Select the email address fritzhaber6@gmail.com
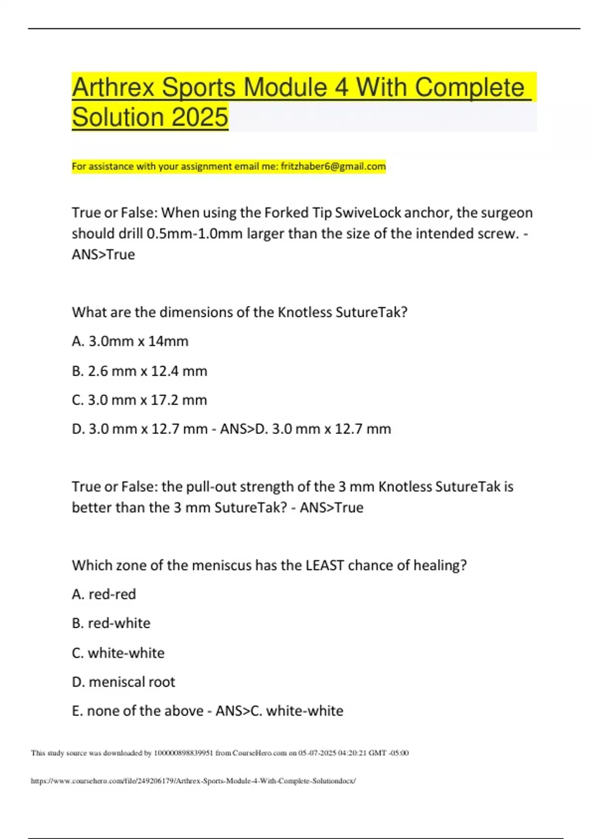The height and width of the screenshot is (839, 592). (x=333, y=166)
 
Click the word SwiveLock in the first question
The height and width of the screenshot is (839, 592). (x=368, y=213)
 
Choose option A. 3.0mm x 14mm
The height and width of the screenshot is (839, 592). (x=130, y=341)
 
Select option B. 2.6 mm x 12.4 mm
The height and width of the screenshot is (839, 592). (x=139, y=371)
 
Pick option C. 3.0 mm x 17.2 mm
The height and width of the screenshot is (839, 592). (x=139, y=400)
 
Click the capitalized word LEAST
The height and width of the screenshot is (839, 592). (x=325, y=565)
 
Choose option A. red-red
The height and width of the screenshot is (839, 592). (x=104, y=594)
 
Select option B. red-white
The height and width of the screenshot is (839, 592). (x=111, y=623)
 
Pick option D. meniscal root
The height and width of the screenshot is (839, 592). (x=123, y=682)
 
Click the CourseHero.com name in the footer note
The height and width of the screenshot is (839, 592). (x=259, y=753)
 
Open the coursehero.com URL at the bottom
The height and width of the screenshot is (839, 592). (x=193, y=781)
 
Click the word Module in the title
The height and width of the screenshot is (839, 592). (x=285, y=88)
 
